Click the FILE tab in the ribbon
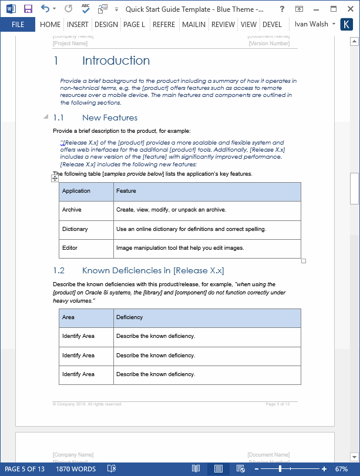[18, 25]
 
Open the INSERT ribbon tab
[78, 25]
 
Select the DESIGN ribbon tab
[106, 25]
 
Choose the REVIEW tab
[223, 25]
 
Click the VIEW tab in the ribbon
[248, 25]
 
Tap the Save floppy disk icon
[28, 9]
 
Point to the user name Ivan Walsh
[311, 24]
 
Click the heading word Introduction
[116, 61]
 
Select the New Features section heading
[110, 118]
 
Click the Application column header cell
[76, 191]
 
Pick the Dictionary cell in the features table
[75, 229]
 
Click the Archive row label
[72, 210]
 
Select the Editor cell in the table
[70, 248]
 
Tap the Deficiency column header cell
[130, 317]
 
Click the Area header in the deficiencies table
[68, 317]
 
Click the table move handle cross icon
[55, 178]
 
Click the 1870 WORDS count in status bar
[76, 469]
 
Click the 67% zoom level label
[342, 469]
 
